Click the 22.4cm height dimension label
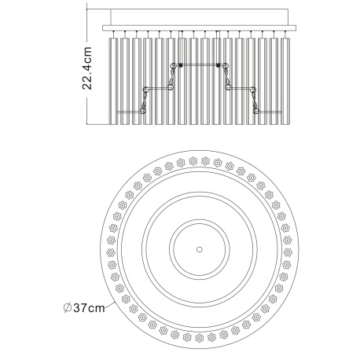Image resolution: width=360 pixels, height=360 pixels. click(x=87, y=68)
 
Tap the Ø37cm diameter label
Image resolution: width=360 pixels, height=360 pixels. click(x=84, y=307)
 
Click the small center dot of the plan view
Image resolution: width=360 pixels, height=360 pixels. click(x=200, y=249)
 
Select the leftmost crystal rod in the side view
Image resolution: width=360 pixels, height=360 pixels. click(x=113, y=81)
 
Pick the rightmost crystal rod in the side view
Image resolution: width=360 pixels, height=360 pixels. click(x=285, y=81)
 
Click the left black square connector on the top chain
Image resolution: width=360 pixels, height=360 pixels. click(x=180, y=65)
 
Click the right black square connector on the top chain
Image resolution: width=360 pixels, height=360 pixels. click(x=219, y=65)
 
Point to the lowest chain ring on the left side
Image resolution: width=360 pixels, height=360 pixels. click(x=143, y=111)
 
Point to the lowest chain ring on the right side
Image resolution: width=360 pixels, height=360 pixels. click(x=256, y=111)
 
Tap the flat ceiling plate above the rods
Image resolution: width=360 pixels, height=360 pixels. click(x=199, y=28)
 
